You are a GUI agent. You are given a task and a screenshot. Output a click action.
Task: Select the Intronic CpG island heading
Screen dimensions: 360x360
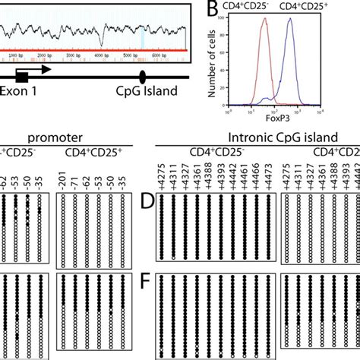[259, 137]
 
